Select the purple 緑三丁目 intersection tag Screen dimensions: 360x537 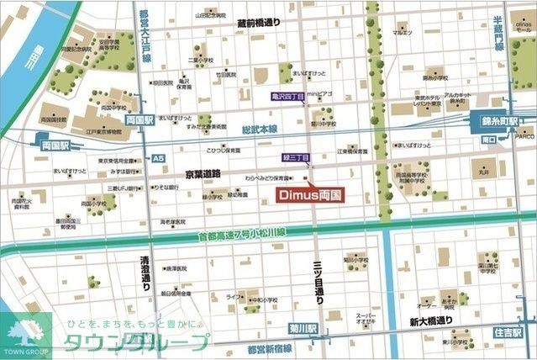[x=296, y=157]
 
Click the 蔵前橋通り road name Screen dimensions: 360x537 [x=258, y=24]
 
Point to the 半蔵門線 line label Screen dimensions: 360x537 [x=497, y=34]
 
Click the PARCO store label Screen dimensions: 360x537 [x=525, y=135]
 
